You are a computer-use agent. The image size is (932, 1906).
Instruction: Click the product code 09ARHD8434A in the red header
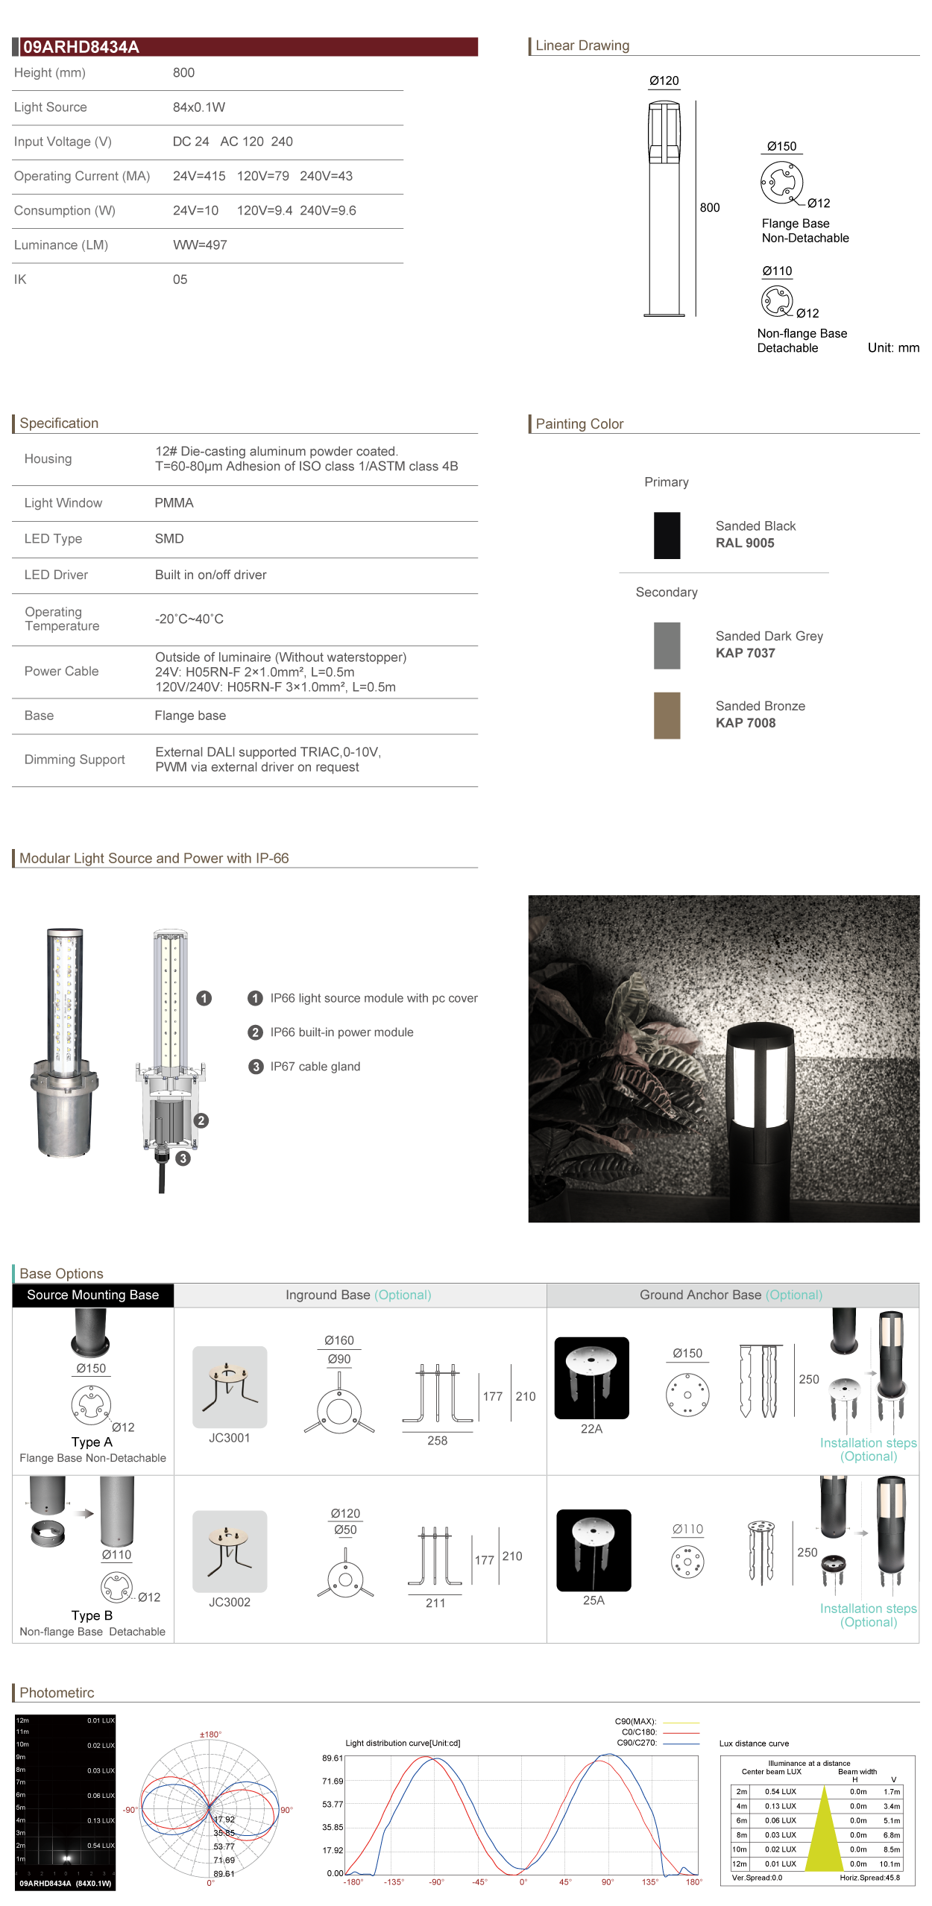click(x=81, y=47)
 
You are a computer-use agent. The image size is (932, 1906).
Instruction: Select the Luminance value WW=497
click(x=200, y=245)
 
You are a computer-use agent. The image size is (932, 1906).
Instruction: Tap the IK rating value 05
click(x=180, y=280)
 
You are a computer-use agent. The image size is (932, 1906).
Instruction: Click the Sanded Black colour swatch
click(x=667, y=535)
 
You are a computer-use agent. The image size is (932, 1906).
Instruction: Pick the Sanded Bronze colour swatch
click(x=667, y=715)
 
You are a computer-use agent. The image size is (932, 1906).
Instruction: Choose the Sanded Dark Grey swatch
click(x=667, y=645)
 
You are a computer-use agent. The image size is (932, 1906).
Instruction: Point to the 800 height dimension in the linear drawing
click(x=709, y=208)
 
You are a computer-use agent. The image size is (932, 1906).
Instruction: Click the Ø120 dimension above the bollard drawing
click(x=664, y=81)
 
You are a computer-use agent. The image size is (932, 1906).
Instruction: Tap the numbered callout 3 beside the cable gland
click(x=183, y=1158)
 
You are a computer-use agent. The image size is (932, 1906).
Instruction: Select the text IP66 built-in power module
click(x=341, y=1032)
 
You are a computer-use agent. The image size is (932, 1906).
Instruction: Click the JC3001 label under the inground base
click(x=229, y=1438)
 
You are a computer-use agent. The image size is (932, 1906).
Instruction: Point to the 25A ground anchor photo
click(x=593, y=1550)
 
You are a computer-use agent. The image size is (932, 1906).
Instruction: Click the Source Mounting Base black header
click(x=92, y=1295)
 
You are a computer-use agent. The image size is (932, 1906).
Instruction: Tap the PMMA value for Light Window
click(x=174, y=503)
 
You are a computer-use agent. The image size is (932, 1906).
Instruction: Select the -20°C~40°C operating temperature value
click(x=189, y=619)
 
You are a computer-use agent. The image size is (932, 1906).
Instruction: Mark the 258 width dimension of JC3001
click(x=437, y=1441)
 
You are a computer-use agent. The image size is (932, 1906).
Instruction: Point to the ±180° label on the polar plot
click(x=210, y=1735)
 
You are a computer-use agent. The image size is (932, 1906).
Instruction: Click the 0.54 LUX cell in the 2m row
click(x=780, y=1791)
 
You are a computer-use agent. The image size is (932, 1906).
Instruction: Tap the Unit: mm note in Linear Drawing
click(x=892, y=348)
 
